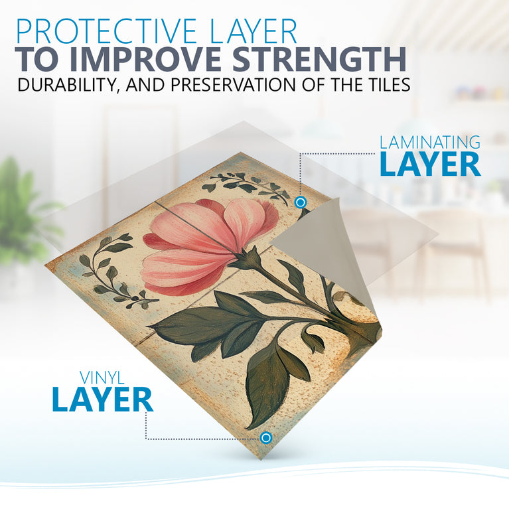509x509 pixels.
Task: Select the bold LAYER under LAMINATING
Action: (x=430, y=165)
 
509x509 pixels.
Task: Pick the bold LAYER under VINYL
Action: (x=102, y=400)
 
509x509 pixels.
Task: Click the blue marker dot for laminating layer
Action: (x=300, y=201)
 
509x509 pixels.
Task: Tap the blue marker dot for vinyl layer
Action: (x=266, y=437)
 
